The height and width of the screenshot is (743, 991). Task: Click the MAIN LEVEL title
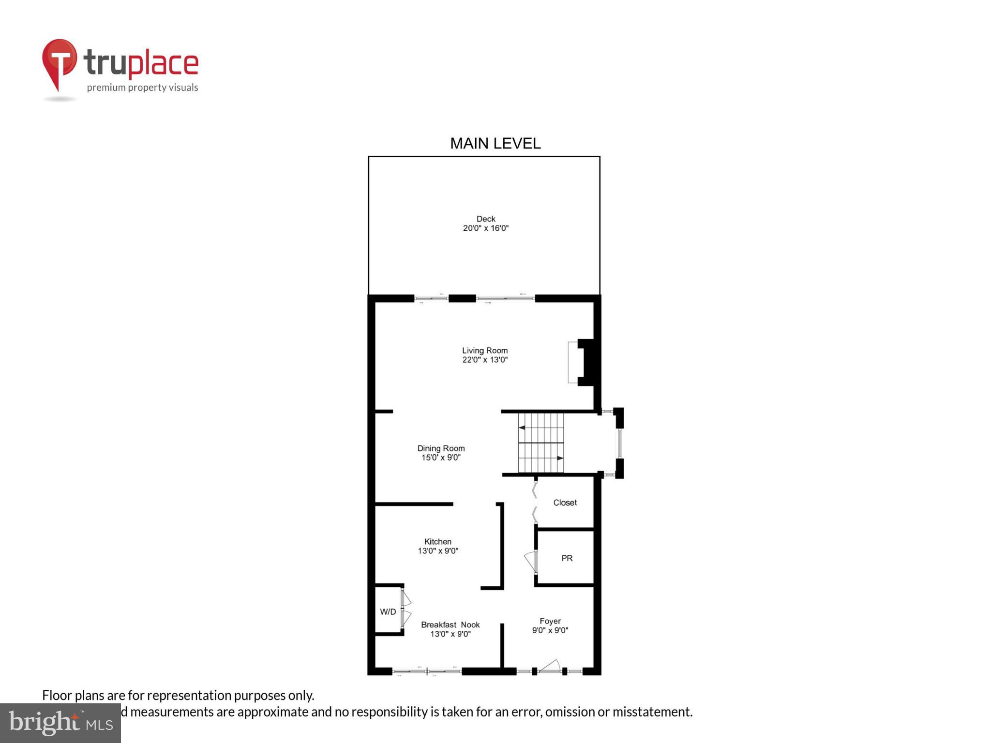coord(495,144)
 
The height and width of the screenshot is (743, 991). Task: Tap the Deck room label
coord(486,219)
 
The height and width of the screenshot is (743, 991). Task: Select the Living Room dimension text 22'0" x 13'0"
coord(485,360)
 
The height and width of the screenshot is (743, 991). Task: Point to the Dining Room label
coord(441,448)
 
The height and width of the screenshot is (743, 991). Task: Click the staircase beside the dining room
coord(541,443)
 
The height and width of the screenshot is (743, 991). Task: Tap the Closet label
coord(565,503)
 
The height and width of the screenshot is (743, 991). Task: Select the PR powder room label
coord(567,558)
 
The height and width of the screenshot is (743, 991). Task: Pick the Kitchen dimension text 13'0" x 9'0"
coord(438,551)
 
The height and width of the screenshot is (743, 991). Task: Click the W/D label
coord(388,612)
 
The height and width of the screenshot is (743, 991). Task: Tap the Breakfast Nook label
coord(450,625)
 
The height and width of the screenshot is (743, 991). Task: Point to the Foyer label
coord(550,621)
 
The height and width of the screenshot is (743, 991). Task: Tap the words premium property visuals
coord(142,88)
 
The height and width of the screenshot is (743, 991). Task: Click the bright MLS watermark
coord(60,723)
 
